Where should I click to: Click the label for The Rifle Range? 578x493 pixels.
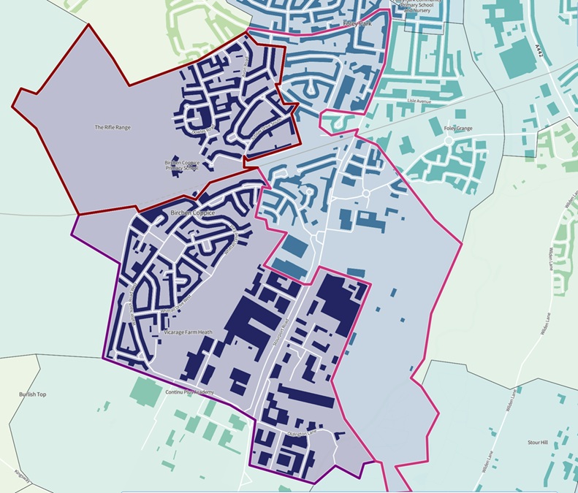coord(112,127)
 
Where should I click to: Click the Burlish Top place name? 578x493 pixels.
coord(33,394)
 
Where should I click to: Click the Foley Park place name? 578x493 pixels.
coord(357,24)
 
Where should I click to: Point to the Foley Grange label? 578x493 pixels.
coord(457,129)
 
